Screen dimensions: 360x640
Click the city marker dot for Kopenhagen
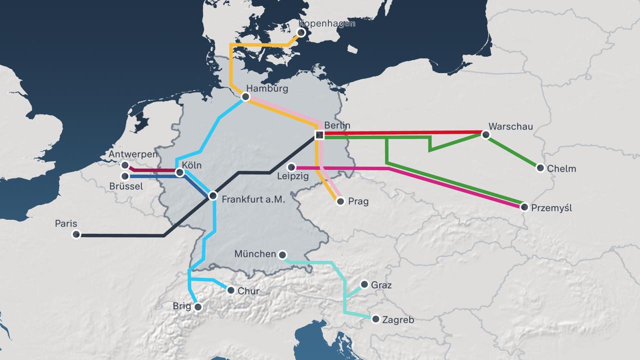301,32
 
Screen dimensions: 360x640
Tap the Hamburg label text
267,88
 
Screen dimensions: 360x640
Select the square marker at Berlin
318,134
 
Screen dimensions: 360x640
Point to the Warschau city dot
485,134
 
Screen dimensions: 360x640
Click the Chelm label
561,168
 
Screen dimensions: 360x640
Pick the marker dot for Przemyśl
524,206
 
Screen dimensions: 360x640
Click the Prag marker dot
340,201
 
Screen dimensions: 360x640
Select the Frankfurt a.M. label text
253,199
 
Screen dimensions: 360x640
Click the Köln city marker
180,172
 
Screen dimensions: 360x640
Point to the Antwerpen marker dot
125,165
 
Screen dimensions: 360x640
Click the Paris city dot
76,234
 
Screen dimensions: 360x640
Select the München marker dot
282,255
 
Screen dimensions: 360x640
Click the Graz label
381,285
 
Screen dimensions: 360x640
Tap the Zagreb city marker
375,318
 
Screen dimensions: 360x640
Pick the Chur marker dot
230,290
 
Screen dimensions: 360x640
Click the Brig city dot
198,307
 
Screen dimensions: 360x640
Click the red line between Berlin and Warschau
400,133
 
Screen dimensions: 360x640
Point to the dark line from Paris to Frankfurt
120,235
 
